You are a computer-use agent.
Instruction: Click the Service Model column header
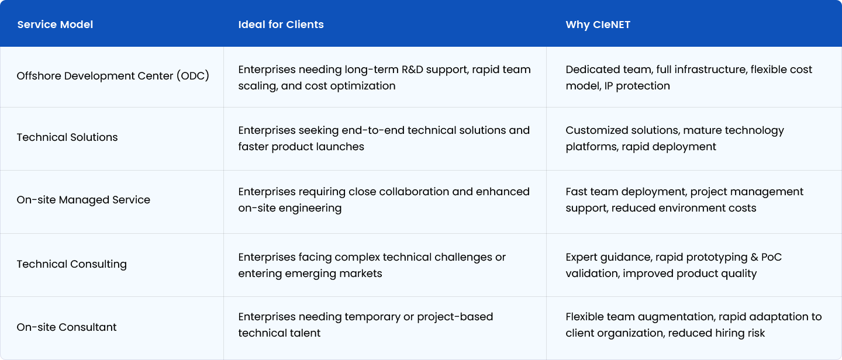pos(55,25)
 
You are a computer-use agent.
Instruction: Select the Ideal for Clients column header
pos(281,25)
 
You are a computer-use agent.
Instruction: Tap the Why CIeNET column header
pos(598,25)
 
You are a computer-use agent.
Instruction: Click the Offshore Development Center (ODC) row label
pos(113,76)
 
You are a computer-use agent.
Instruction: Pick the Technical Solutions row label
pos(67,137)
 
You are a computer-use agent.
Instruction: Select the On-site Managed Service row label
pos(83,199)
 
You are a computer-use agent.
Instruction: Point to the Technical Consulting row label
pos(71,264)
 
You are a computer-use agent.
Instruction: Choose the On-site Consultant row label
pos(67,327)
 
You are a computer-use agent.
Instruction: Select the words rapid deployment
pos(669,147)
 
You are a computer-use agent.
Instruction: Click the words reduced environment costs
pos(684,208)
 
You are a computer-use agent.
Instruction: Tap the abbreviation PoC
pos(771,257)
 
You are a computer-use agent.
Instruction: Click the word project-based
pos(455,317)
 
